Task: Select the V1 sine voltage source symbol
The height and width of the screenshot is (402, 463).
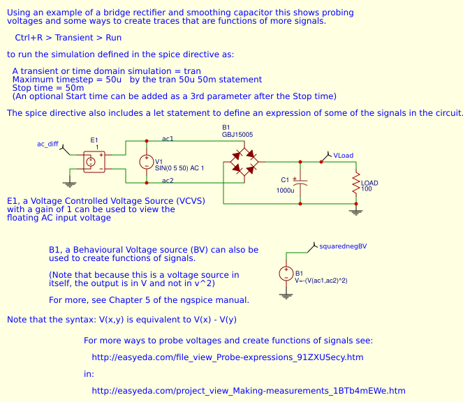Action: (x=146, y=162)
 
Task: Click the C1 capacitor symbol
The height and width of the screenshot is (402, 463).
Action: (x=300, y=182)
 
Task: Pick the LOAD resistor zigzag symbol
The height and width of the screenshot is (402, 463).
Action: (x=356, y=184)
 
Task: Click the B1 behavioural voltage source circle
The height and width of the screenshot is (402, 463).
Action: (x=285, y=274)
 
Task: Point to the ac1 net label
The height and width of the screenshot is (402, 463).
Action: (x=168, y=139)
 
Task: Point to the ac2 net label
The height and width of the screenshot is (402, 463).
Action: (x=168, y=181)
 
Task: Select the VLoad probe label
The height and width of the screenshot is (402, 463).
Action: (x=343, y=155)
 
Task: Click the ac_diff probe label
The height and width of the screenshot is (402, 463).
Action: (x=47, y=144)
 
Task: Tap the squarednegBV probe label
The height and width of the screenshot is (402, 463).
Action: (x=342, y=246)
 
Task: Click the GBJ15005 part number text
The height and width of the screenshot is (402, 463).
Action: (x=237, y=134)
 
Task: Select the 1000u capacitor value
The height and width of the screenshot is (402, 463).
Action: (x=285, y=190)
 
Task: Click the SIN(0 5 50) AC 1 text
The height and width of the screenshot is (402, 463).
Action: (x=179, y=168)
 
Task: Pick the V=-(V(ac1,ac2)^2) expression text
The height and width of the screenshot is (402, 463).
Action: (x=322, y=280)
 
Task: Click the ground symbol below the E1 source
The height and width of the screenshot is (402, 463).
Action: (x=69, y=184)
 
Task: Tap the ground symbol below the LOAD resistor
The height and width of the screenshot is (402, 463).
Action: (x=356, y=211)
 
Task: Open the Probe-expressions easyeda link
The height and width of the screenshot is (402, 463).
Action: (x=228, y=357)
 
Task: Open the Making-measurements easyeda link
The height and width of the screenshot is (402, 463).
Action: (x=248, y=390)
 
